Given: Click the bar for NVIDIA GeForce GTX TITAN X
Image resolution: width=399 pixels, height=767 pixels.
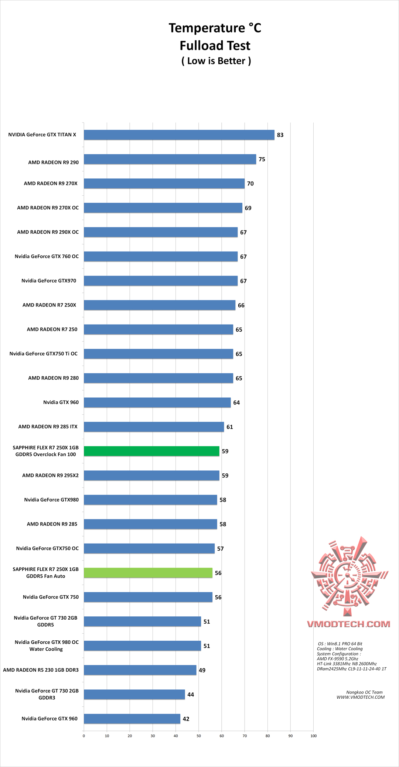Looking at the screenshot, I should (179, 135).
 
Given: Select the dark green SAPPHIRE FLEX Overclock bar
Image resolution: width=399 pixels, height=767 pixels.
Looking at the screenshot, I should (151, 451).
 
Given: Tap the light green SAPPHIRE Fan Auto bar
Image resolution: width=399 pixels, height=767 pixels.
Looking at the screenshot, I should (148, 573).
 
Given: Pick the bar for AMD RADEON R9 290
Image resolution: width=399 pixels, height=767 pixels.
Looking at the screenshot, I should (170, 159).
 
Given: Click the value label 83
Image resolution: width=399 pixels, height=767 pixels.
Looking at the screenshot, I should (280, 135).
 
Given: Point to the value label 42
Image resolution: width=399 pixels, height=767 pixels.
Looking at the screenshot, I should (186, 719).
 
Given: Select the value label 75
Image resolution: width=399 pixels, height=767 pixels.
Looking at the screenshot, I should (262, 160).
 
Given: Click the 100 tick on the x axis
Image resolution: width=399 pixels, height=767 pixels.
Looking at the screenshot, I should (313, 736).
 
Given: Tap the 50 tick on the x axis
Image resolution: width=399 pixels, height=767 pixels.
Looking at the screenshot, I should (199, 736).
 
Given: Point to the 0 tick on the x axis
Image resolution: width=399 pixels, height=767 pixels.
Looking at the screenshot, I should (84, 736).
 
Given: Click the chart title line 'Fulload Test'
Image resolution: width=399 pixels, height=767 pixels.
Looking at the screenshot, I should (215, 46).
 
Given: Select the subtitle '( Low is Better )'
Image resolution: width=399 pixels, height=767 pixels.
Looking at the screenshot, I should (216, 61).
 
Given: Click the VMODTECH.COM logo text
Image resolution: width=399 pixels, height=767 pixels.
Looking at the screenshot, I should (348, 624).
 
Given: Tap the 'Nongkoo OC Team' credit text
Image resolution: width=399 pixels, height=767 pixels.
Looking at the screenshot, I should (364, 692).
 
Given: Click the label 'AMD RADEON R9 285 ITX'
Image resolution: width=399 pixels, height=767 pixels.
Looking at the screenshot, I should (48, 427).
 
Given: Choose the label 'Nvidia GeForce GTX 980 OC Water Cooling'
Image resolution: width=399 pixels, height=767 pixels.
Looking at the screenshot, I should (47, 646).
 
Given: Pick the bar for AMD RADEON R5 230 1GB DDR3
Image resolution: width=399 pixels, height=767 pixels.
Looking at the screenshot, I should (140, 670).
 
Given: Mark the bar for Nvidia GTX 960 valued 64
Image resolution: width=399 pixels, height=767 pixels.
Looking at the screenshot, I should (157, 403).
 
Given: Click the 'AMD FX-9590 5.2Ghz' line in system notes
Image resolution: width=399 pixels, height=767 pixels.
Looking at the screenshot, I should (337, 659).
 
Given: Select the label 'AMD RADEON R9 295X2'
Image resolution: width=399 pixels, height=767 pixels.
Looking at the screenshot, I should (50, 475).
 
